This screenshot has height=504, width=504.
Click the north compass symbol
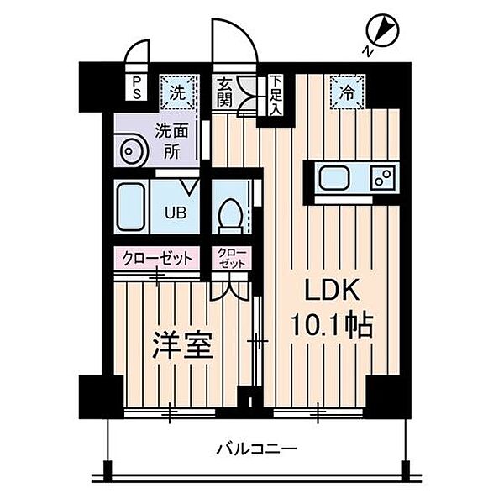point(383,32)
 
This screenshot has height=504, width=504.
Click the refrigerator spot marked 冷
point(346,90)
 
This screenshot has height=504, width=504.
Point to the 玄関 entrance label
point(225,92)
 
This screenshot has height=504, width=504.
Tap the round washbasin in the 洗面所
point(132,154)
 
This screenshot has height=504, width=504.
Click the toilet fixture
point(229,213)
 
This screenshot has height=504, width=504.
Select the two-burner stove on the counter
point(382,179)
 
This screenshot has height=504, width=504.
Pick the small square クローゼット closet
point(231,258)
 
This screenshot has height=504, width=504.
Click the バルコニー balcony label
point(256,449)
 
